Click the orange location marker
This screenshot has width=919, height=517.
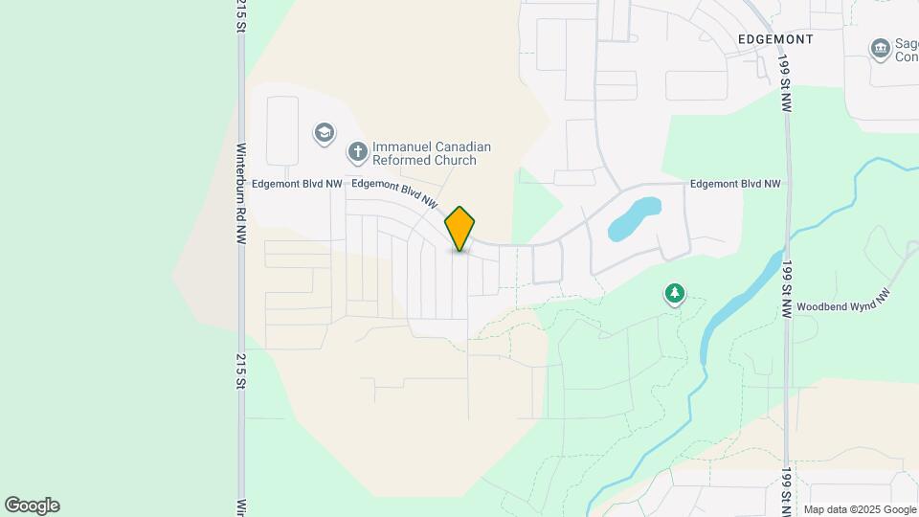click(460, 228)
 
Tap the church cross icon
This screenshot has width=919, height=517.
click(358, 151)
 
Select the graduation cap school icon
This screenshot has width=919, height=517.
click(325, 132)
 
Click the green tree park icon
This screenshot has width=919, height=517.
click(676, 294)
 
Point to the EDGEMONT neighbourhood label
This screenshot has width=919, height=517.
click(775, 39)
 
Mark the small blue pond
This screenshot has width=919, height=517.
click(634, 219)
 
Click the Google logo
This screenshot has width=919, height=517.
click(32, 505)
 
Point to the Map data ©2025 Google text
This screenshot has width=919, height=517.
click(860, 509)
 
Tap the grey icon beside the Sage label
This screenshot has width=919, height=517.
click(880, 48)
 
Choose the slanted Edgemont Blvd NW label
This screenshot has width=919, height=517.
click(395, 192)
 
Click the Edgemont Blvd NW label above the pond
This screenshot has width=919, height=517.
click(735, 183)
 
